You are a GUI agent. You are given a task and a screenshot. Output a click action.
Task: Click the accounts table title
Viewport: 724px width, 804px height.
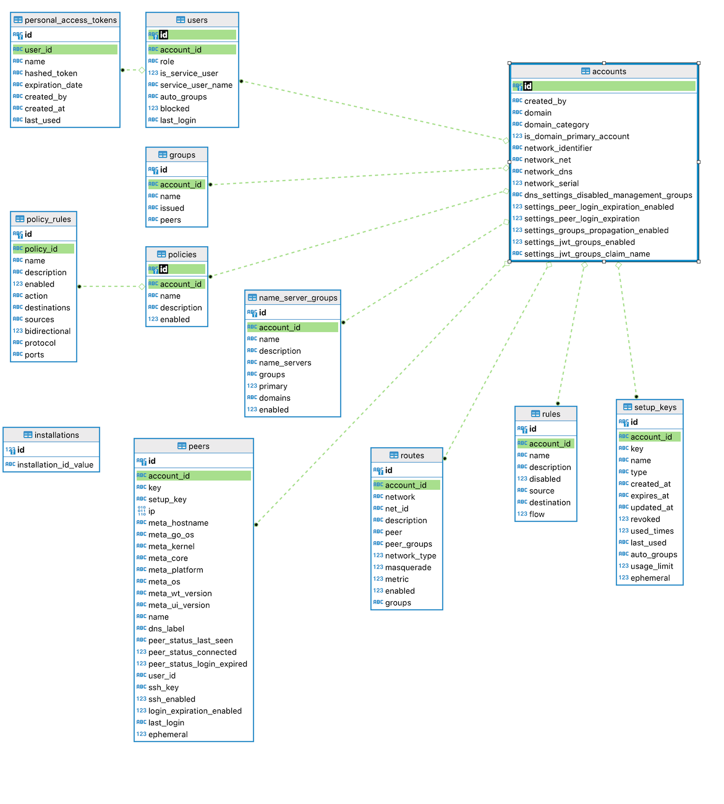pos(609,72)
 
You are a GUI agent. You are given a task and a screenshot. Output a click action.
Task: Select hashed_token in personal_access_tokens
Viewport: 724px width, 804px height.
pos(51,74)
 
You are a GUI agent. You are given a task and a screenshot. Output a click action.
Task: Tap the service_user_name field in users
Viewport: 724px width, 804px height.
pos(196,85)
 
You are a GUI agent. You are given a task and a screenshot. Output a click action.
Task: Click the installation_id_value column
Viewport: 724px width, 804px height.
pos(55,465)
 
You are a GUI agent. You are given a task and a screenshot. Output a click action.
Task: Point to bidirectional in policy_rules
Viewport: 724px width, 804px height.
pos(48,331)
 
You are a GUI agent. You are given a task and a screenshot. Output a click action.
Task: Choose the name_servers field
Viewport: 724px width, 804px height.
pos(285,363)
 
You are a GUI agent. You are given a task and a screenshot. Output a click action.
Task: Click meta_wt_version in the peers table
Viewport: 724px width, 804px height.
pos(180,594)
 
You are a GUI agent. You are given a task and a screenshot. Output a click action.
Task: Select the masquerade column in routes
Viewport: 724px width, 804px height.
pos(408,568)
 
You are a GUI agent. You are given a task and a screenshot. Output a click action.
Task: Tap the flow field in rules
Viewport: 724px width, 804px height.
pos(537,515)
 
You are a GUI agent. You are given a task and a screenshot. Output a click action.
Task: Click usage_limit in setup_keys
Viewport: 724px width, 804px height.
pos(652,567)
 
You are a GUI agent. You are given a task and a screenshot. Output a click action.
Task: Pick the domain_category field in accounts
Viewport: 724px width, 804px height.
pos(556,125)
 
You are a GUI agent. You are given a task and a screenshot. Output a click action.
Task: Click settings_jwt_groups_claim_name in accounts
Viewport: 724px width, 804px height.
pos(587,254)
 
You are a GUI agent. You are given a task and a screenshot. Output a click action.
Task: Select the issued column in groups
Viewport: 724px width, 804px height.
pos(172,208)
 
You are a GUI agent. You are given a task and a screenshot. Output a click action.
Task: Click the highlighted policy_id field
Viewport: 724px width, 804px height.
pos(41,249)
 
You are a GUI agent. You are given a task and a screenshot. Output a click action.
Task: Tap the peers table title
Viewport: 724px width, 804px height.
pos(198,447)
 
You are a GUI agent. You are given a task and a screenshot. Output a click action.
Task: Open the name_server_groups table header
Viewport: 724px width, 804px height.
pos(298,298)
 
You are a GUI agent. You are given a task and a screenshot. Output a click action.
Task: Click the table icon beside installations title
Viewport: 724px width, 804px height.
pos(28,435)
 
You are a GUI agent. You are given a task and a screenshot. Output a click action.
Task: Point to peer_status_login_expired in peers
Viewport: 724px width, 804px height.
pos(197,664)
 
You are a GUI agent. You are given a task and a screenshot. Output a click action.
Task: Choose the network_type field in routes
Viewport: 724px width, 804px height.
pos(411,556)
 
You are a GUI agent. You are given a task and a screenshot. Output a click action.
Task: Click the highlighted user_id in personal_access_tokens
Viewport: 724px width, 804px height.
pos(38,50)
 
